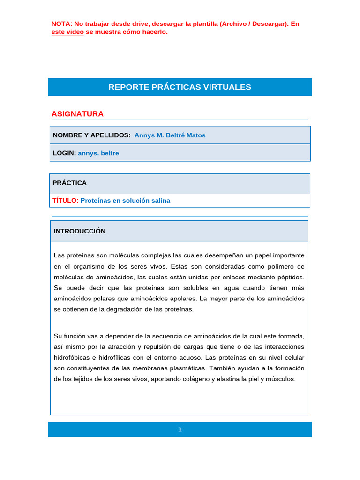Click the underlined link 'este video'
point(67,32)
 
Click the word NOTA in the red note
point(61,23)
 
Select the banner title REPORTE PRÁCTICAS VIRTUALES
point(180,87)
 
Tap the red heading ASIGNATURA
point(77,114)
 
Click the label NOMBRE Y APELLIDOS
point(91,135)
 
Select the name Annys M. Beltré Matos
point(170,135)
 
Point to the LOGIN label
point(64,153)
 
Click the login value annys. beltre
point(98,153)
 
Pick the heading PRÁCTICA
point(69,183)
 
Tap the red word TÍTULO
point(65,200)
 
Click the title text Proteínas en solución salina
point(125,200)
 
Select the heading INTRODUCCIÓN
point(79,231)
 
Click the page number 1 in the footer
point(180,429)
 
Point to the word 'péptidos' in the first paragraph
point(291,277)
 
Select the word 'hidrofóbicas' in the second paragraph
point(73,357)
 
